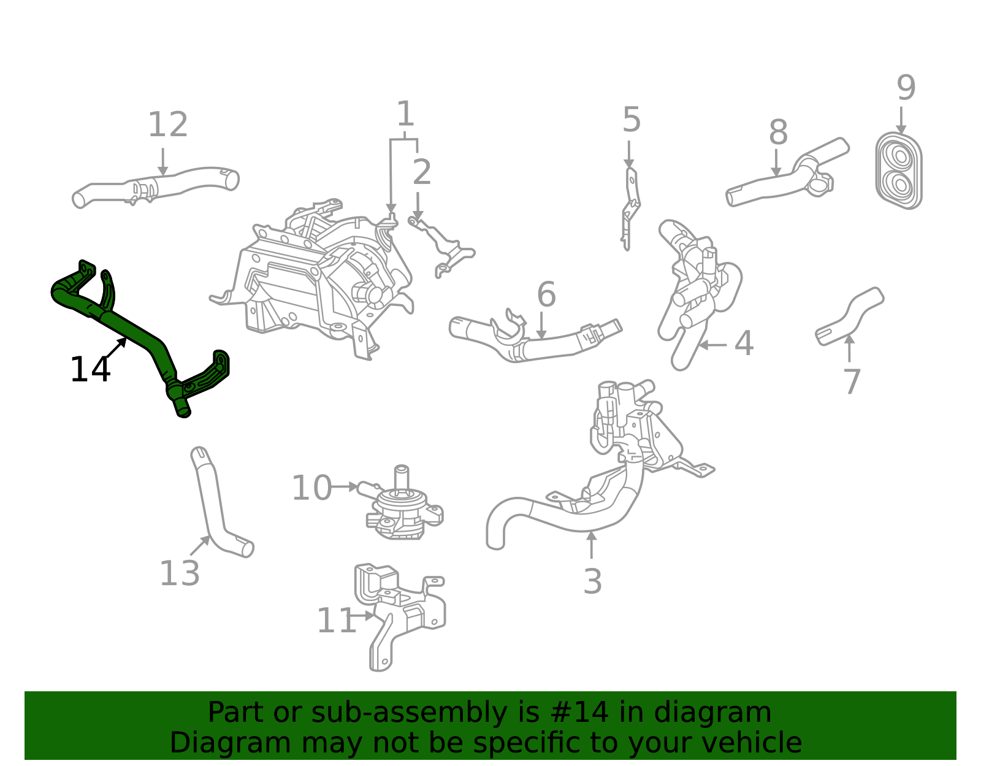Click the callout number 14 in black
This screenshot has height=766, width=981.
[x=90, y=370]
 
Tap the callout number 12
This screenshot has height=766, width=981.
[x=167, y=125]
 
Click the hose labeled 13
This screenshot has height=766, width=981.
[x=211, y=497]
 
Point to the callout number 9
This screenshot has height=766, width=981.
[x=906, y=88]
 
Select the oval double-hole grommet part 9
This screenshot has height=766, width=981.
[x=899, y=170]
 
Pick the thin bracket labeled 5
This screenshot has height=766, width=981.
[x=630, y=209]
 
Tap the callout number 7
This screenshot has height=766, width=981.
[x=852, y=381]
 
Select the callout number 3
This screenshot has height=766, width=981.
[x=592, y=581]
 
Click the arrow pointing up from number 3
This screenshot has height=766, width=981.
[x=591, y=545]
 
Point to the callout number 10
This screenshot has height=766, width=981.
[x=311, y=488]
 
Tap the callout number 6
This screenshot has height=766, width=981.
[x=546, y=295]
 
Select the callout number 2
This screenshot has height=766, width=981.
[x=421, y=172]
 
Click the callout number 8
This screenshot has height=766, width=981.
[x=777, y=132]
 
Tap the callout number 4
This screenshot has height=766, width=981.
[x=743, y=343]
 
